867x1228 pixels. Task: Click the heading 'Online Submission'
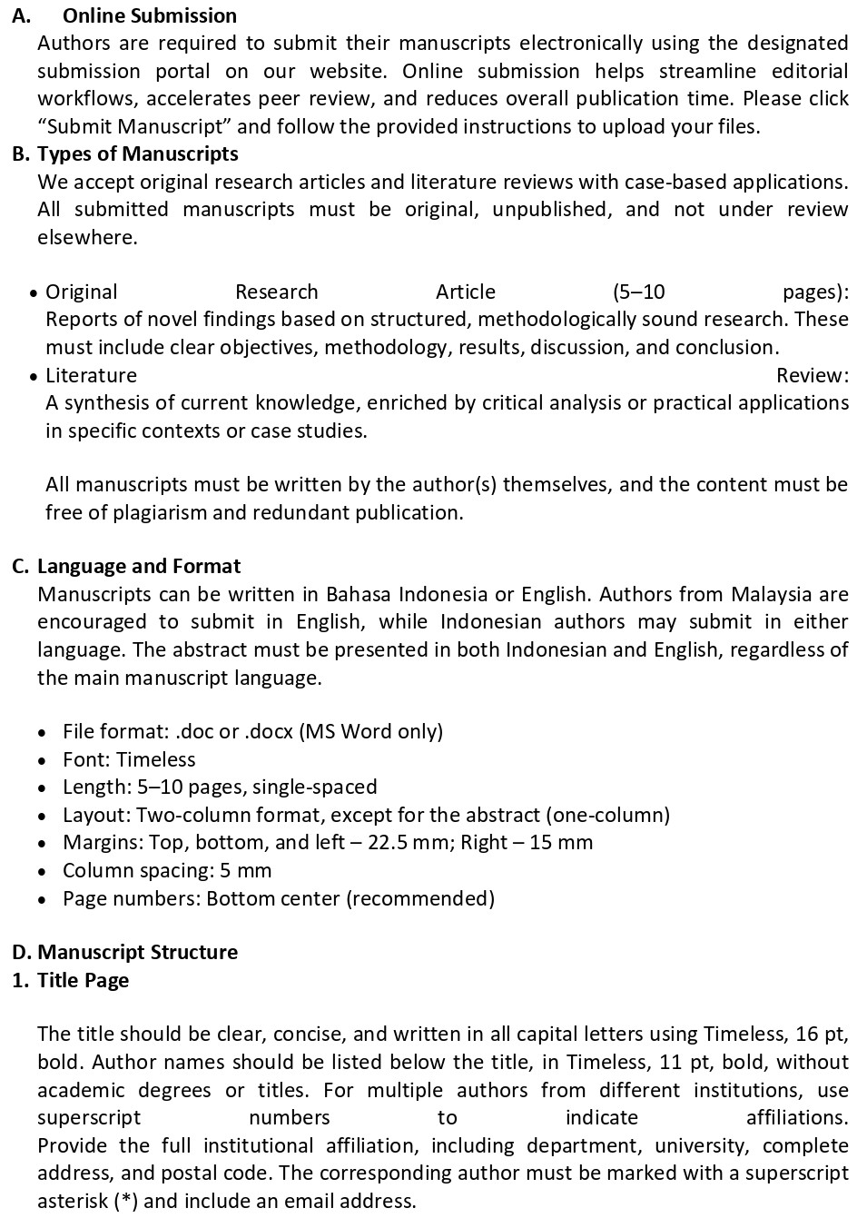click(x=149, y=15)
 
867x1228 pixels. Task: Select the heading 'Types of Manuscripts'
click(x=137, y=153)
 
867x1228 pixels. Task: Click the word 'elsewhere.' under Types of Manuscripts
click(x=87, y=237)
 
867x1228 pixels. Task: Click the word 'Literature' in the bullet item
click(x=91, y=375)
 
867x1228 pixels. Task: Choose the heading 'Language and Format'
click(x=138, y=567)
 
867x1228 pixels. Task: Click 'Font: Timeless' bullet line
click(x=129, y=759)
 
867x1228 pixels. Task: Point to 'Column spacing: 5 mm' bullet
click(x=167, y=870)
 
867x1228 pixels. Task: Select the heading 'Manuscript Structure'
click(x=137, y=952)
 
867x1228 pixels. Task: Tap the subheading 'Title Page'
click(x=83, y=980)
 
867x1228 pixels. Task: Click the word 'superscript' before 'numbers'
click(x=89, y=1117)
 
